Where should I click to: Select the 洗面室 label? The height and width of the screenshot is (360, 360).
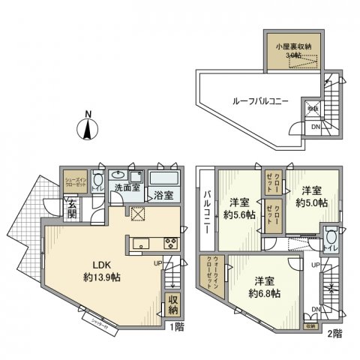(x=127, y=188)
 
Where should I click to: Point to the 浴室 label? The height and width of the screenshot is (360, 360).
(x=164, y=196)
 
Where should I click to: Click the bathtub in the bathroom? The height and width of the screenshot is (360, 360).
(x=163, y=180)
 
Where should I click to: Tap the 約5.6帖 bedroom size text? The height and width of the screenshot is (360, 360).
(x=239, y=214)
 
